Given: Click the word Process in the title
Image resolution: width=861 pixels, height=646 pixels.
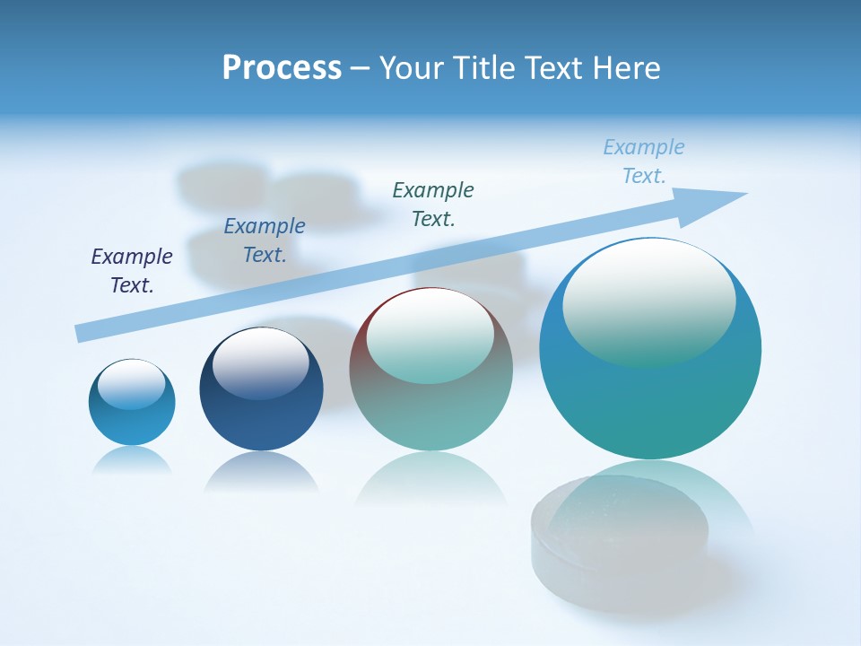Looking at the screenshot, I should click(282, 68).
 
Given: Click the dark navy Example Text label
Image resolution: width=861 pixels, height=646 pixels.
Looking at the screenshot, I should click(132, 271).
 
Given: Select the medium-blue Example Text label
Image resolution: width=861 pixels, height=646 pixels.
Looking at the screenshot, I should click(265, 240).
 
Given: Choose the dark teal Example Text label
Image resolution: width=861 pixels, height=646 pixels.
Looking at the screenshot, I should click(433, 204).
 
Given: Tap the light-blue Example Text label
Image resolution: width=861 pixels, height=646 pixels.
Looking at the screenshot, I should click(644, 161).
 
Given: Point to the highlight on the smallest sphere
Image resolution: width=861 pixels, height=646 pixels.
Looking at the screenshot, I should click(131, 384).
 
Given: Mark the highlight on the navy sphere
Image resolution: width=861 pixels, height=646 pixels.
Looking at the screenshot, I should click(260, 362).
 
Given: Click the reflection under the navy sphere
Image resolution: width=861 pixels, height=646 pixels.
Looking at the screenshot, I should click(261, 471).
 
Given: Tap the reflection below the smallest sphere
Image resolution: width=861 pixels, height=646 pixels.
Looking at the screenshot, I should click(132, 460).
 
